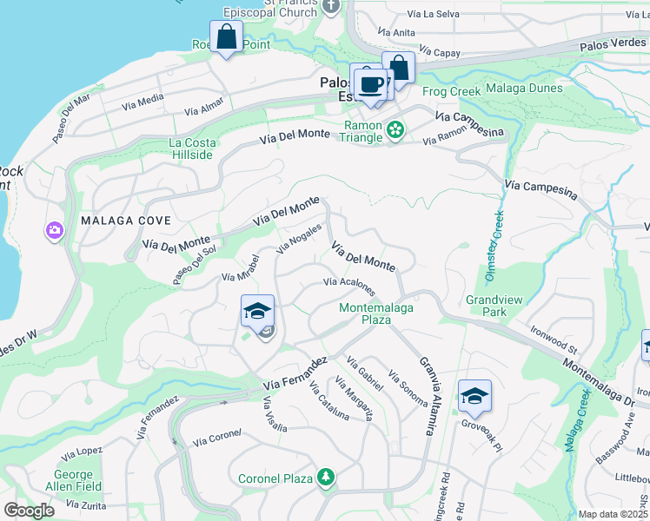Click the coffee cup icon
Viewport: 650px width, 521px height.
click(x=372, y=84)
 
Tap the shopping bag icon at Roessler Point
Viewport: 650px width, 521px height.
click(x=226, y=38)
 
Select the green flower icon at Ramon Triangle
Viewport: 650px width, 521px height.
click(x=396, y=130)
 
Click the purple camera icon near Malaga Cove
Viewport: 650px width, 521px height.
click(x=54, y=230)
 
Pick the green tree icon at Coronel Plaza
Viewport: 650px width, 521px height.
click(x=325, y=477)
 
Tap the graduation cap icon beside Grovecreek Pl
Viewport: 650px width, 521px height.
click(x=474, y=397)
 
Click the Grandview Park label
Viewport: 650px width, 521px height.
click(x=494, y=306)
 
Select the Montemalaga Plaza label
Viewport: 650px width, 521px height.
click(x=376, y=313)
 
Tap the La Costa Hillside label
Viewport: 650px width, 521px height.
click(x=190, y=148)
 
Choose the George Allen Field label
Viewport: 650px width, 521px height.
click(x=74, y=481)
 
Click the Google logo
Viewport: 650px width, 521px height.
click(x=30, y=511)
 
